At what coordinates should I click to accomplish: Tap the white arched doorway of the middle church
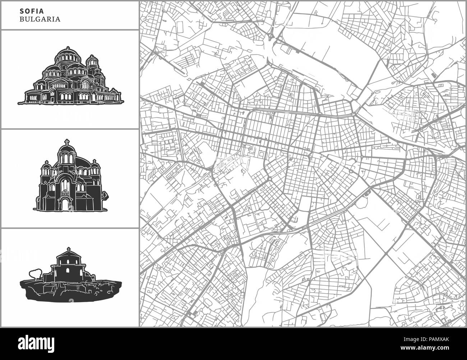(66, 205)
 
